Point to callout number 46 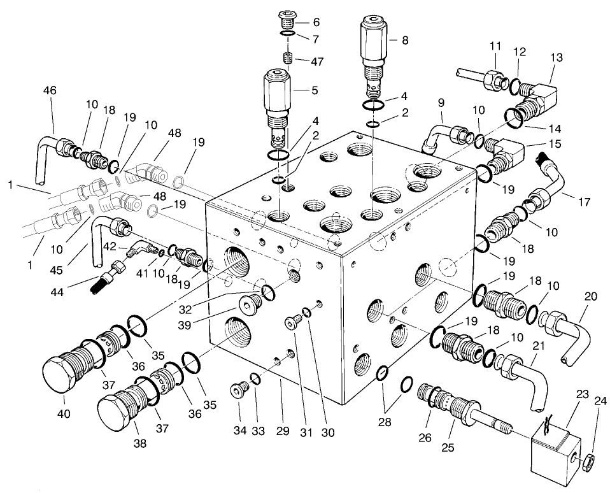click(49, 91)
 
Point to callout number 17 click(583, 203)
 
